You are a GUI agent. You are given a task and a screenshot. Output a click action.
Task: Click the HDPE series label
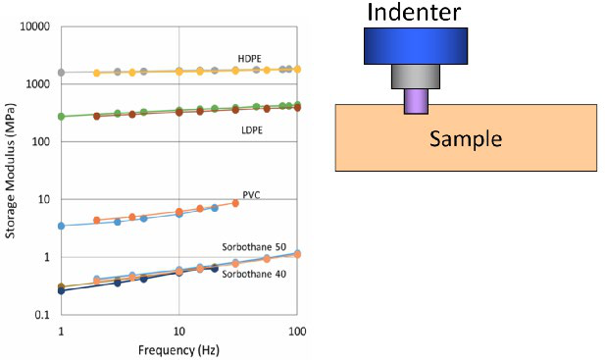[x=249, y=59]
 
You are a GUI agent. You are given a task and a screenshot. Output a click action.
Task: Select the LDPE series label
[x=252, y=130]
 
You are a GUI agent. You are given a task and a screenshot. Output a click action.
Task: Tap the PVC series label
[x=251, y=195]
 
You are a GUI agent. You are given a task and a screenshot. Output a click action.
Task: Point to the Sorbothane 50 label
[x=254, y=247]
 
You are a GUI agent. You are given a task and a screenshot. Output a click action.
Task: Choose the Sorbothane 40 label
[x=254, y=274]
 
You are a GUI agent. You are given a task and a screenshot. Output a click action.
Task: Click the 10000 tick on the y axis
[x=35, y=26]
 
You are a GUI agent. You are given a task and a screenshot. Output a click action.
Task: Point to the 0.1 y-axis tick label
[x=42, y=315]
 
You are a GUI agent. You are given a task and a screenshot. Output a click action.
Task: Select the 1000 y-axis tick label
[x=38, y=84]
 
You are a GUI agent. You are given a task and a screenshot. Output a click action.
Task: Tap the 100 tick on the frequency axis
[x=297, y=332]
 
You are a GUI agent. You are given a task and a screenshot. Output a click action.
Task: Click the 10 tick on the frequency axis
[x=178, y=332]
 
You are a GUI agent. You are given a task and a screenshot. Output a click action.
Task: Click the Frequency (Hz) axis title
[x=178, y=350]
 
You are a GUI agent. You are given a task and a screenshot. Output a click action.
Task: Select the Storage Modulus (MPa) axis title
[x=10, y=171]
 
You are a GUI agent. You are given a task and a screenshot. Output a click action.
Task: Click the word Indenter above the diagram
[x=414, y=12]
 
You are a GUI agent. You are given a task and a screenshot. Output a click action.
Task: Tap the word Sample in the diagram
[x=466, y=138]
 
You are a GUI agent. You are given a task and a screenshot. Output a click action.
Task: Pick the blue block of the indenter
[x=416, y=46]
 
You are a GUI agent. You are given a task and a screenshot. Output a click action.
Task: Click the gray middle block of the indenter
[x=416, y=77]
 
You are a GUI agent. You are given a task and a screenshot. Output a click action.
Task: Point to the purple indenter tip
[x=416, y=101]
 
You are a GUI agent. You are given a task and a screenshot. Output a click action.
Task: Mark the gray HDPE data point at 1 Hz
[x=61, y=73]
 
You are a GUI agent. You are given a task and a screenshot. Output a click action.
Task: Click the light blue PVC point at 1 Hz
[x=61, y=226]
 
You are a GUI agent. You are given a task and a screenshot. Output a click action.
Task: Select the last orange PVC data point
[x=235, y=203]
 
